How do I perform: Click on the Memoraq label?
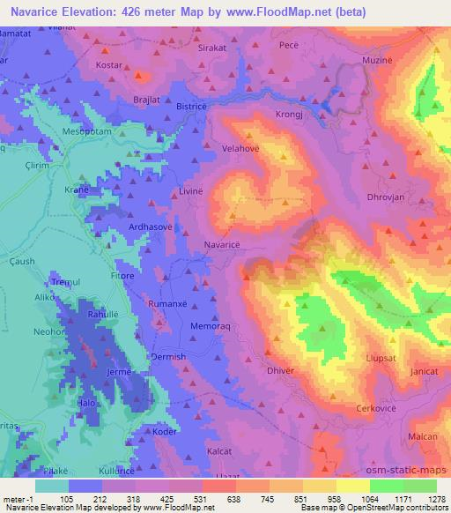click(x=211, y=326)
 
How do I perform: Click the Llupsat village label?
click(x=383, y=358)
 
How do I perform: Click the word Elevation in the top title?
click(x=92, y=11)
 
